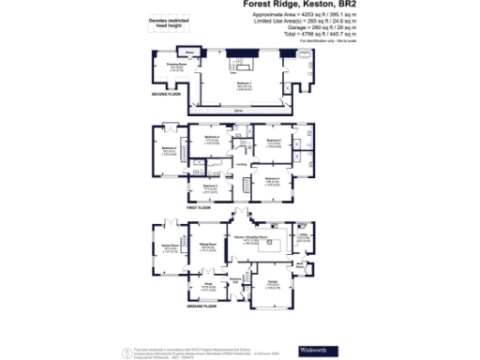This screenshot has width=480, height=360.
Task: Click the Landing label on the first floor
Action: [241, 165]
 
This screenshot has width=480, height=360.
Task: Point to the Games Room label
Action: [172, 248]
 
